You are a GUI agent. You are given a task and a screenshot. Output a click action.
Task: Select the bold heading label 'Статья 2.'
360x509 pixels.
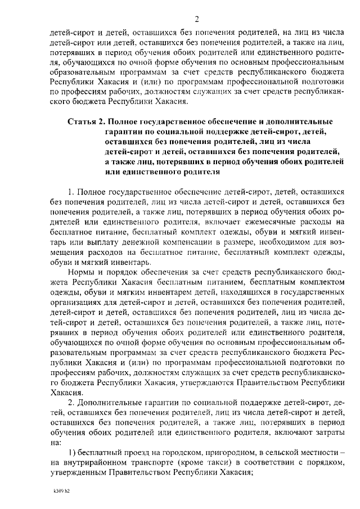[x=85, y=121]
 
